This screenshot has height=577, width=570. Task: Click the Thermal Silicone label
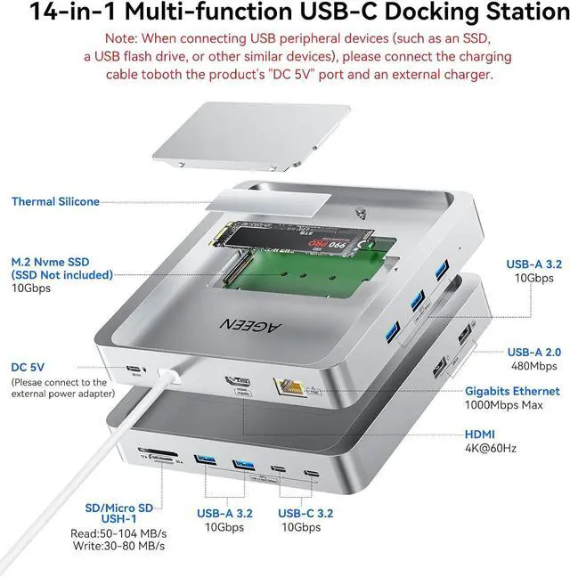click(x=55, y=202)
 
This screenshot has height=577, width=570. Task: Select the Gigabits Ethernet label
click(x=512, y=391)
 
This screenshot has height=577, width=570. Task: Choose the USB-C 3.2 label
click(x=305, y=513)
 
